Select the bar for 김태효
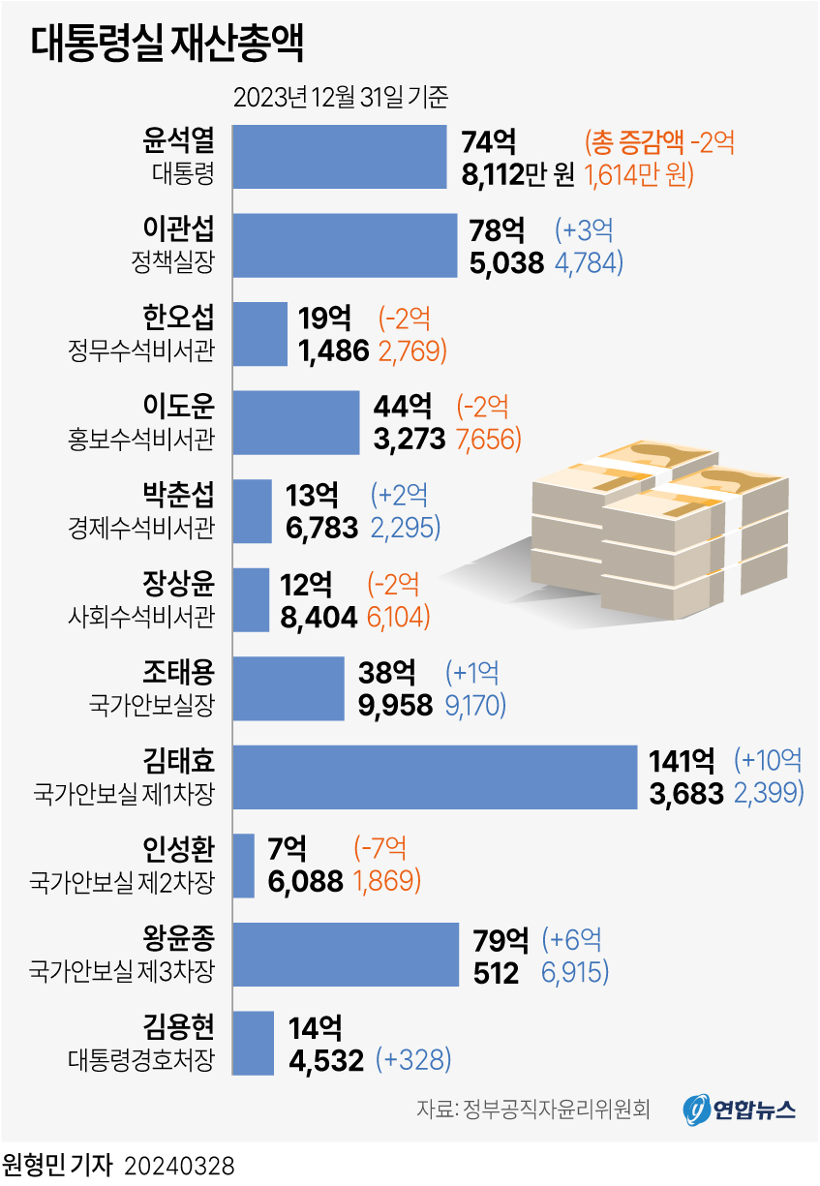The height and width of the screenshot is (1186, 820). coord(435,776)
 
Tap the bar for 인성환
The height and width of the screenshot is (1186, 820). coord(244,866)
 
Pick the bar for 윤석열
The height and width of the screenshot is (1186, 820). coord(340,157)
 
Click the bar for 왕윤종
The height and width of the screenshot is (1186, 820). coord(346,955)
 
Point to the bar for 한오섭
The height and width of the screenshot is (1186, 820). coord(260,334)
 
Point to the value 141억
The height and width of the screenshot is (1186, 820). coord(682,761)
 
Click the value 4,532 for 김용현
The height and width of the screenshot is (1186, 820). coord(325,1059)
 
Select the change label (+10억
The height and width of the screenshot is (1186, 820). coord(769,761)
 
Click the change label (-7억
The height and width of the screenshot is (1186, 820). coord(380,849)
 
